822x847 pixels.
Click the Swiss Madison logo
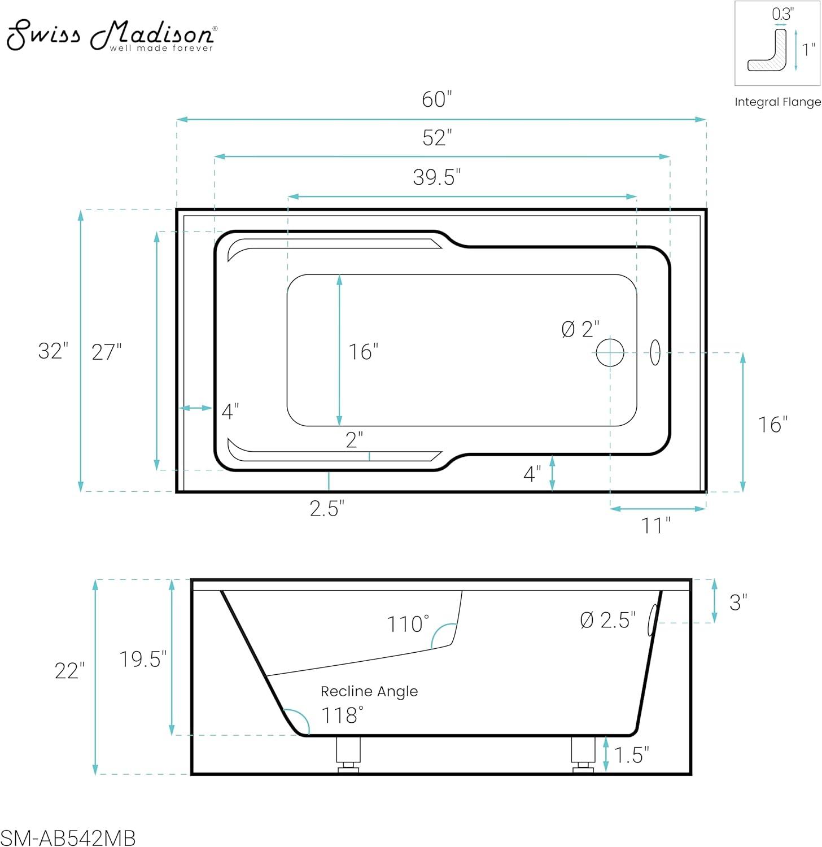pyautogui.click(x=111, y=35)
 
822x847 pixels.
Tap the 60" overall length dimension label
pyautogui.click(x=437, y=99)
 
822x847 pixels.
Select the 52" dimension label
pyautogui.click(x=437, y=137)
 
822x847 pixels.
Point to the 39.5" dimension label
pyautogui.click(x=436, y=177)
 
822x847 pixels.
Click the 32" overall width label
pyautogui.click(x=53, y=351)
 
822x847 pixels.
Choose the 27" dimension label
pyautogui.click(x=107, y=352)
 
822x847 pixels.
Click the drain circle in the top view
pyautogui.click(x=610, y=352)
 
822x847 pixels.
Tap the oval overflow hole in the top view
pyautogui.click(x=655, y=352)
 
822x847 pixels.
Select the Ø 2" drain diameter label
pyautogui.click(x=580, y=329)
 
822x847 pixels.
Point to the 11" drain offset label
pyautogui.click(x=655, y=526)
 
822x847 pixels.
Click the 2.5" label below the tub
pyautogui.click(x=327, y=509)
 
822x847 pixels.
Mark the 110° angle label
pyautogui.click(x=408, y=625)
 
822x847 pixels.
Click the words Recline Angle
pyautogui.click(x=369, y=691)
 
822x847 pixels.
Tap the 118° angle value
pyautogui.click(x=342, y=715)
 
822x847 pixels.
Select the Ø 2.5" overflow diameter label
pyautogui.click(x=607, y=620)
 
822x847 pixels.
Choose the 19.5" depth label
pyautogui.click(x=143, y=659)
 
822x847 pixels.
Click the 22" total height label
pyautogui.click(x=69, y=671)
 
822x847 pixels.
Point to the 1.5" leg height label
pyautogui.click(x=631, y=755)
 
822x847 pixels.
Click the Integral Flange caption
pyautogui.click(x=777, y=102)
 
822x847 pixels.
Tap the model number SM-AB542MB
pyautogui.click(x=68, y=838)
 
